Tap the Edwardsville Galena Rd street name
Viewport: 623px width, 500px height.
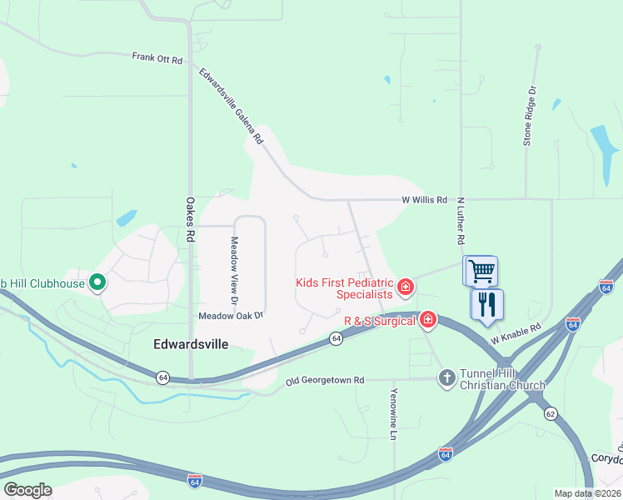coord(231,105)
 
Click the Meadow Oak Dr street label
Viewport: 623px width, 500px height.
coord(231,316)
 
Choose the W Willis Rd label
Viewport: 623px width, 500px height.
coord(424,200)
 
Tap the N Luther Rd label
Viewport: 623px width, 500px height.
coord(460,220)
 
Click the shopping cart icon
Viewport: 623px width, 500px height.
coord(481,271)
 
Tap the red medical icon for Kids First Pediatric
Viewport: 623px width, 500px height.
coord(406,288)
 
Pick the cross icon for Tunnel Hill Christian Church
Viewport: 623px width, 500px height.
coord(446,377)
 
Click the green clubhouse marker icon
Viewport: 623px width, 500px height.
coord(97,283)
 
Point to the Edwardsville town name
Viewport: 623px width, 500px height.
coord(191,343)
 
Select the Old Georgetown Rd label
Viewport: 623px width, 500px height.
coord(325,380)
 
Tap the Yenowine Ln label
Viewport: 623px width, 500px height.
coord(394,413)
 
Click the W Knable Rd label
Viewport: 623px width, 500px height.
coord(516,334)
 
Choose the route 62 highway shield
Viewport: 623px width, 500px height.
coord(551,413)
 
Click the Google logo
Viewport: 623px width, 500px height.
coord(27,490)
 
